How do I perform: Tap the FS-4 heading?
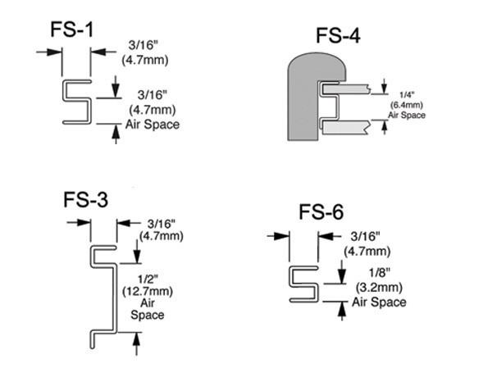[339, 36]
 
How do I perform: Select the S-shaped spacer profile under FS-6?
[304, 282]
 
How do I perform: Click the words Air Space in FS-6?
[379, 302]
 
